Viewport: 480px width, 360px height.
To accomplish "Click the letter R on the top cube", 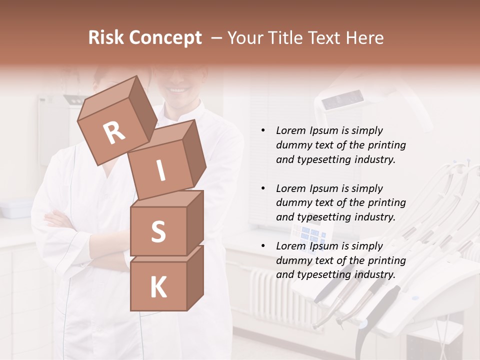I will tap(114, 133).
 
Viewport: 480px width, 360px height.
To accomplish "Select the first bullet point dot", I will tap(263, 130).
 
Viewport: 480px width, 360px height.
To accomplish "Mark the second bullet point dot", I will tap(263, 188).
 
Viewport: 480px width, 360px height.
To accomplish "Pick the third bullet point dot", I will tap(263, 246).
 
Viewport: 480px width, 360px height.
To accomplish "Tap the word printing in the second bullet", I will tap(386, 203).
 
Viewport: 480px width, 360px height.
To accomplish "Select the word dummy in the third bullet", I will tap(292, 260).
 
